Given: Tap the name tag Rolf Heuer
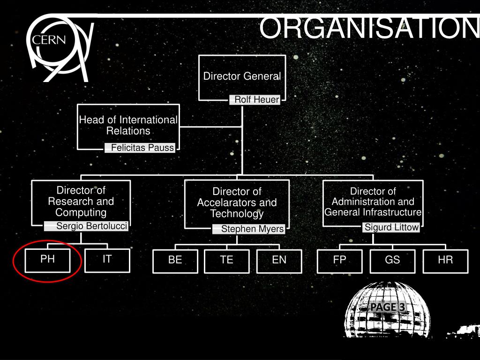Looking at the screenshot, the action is click(256, 100).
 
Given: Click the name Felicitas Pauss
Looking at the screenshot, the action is click(142, 148).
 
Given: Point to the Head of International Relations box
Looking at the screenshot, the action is click(128, 126).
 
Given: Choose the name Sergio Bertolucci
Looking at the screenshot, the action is click(91, 226).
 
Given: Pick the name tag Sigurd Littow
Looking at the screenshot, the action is click(392, 228).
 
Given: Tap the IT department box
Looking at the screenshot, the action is click(107, 260).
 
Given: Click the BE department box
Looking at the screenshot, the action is click(175, 261).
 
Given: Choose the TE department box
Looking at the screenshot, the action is click(227, 261).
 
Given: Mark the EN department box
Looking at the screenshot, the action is click(279, 261).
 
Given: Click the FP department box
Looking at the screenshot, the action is click(340, 261).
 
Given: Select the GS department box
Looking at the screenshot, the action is click(392, 261).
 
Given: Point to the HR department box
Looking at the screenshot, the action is click(445, 261).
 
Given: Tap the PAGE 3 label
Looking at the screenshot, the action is click(387, 307).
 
